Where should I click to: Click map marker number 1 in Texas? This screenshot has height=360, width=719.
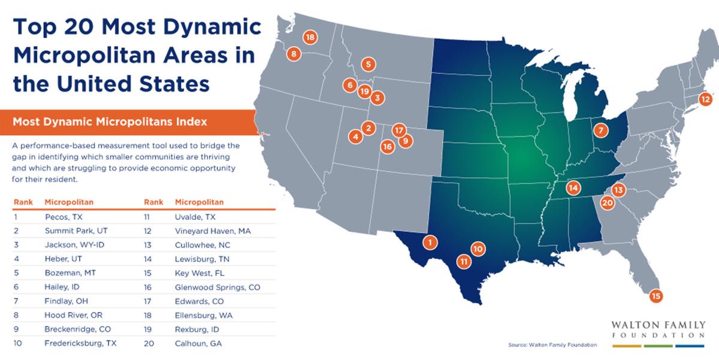[x=429, y=243]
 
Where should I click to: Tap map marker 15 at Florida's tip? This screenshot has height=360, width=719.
[x=655, y=296]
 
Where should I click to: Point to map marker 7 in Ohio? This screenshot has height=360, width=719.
[x=599, y=129]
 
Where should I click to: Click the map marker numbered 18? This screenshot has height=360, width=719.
[x=309, y=37]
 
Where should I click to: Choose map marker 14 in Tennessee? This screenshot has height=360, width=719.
[x=573, y=188]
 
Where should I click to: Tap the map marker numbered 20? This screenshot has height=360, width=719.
[x=607, y=203]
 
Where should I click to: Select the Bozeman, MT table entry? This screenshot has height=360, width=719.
[x=64, y=273]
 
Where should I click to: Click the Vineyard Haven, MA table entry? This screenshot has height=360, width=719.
[x=207, y=231]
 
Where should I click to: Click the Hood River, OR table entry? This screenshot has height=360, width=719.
[x=67, y=315]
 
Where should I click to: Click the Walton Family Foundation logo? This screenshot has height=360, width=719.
[x=658, y=332]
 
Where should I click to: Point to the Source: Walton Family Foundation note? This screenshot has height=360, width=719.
[x=552, y=344]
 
